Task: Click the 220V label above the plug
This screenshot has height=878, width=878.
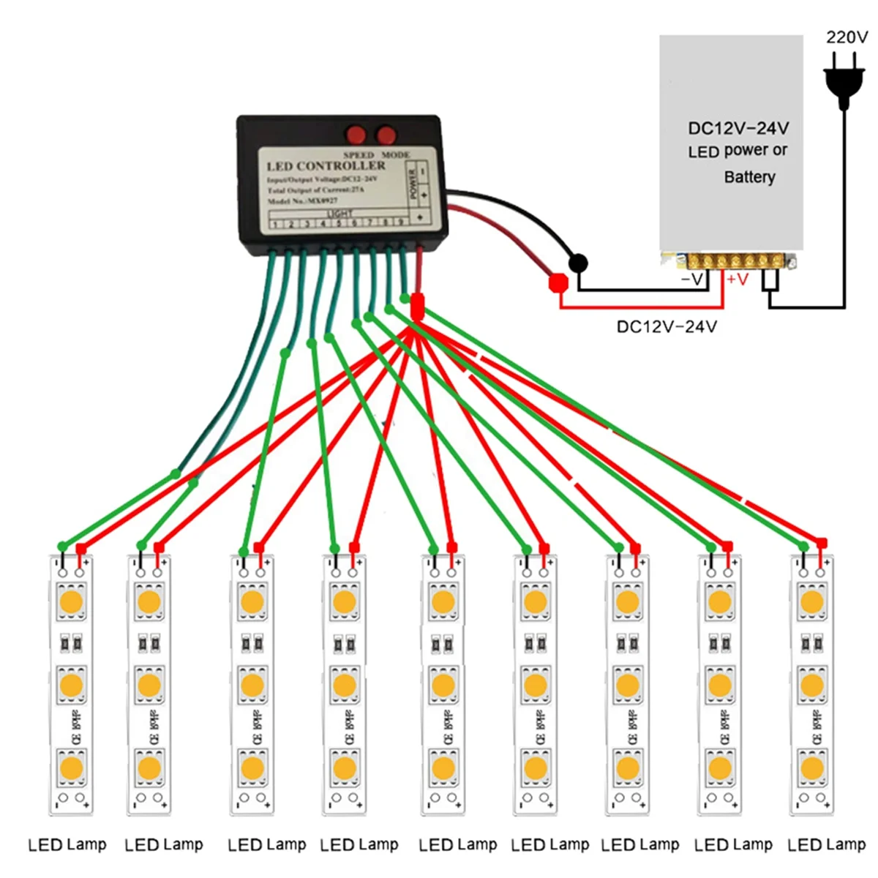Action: coord(847,37)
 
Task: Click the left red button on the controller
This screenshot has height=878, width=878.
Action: coord(356,135)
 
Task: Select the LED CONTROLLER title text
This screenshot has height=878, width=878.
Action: coord(326,166)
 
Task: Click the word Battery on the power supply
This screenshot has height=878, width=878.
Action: coord(749,177)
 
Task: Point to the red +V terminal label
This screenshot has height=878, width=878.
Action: coord(737,279)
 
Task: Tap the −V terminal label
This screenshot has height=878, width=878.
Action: coord(691,279)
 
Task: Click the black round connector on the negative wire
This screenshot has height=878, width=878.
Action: coord(578,263)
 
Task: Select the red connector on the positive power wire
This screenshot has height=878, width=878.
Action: coord(558,283)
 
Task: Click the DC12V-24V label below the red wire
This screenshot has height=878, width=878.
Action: coord(667,326)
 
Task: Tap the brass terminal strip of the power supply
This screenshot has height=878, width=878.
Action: coord(732,260)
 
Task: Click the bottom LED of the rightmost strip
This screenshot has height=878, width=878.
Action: coord(812,768)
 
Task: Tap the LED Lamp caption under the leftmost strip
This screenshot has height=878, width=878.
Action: coord(67,845)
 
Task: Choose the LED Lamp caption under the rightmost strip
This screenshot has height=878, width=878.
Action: coord(826,845)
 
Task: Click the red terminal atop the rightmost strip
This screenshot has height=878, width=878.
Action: coord(822,543)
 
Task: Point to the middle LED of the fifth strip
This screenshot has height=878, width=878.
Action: coord(443,686)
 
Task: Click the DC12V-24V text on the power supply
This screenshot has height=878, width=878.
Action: coord(738,129)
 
